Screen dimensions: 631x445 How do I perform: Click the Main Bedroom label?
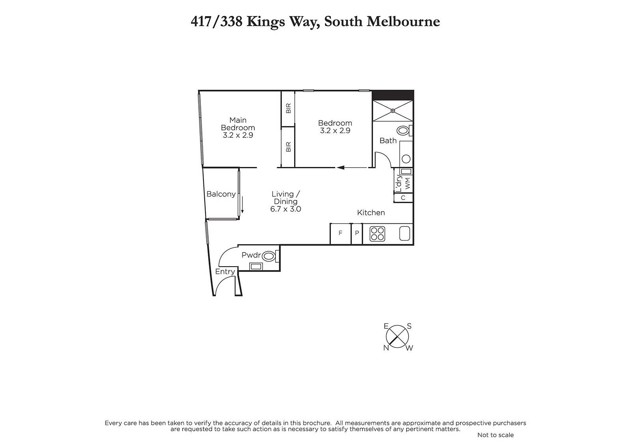[238, 124]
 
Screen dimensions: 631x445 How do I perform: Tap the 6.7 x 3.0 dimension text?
[286, 209]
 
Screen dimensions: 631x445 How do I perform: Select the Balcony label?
[221, 194]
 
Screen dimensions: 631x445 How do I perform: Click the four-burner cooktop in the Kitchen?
[377, 234]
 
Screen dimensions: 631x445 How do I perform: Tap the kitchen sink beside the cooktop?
[405, 234]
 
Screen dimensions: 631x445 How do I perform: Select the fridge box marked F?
[341, 234]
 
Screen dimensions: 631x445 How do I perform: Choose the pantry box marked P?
[357, 234]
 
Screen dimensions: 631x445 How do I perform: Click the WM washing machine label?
[407, 184]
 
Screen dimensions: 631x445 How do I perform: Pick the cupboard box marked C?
[403, 198]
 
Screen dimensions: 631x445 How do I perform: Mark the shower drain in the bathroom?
[393, 111]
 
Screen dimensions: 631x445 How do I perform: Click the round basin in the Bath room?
[406, 159]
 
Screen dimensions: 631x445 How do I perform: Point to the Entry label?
[225, 272]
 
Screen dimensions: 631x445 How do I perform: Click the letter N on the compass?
[386, 348]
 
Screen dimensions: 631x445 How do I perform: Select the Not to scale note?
[495, 435]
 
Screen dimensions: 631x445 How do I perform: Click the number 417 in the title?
[201, 21]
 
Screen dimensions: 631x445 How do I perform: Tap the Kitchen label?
[371, 213]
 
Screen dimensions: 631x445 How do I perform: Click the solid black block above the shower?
[393, 95]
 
